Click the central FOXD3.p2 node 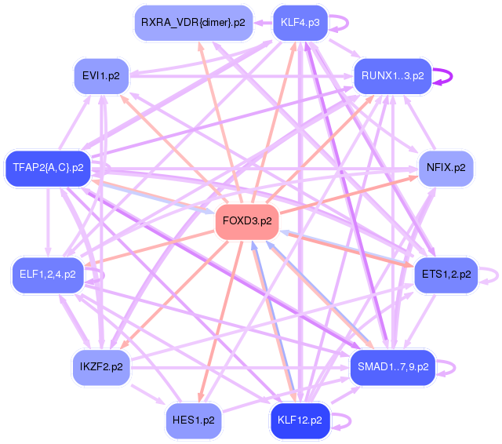pos(248,221)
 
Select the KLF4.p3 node pos(300,22)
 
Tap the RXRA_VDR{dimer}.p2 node pos(193,22)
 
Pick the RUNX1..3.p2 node pos(392,76)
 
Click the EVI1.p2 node pos(100,76)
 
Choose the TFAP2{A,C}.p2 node pos(48,167)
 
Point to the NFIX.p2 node pos(446,167)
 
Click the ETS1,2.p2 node pos(446,274)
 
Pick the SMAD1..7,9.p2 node pos(392,366)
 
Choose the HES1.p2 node pos(193,420)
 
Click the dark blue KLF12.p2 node pos(300,420)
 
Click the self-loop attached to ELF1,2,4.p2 pos(96,275)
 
